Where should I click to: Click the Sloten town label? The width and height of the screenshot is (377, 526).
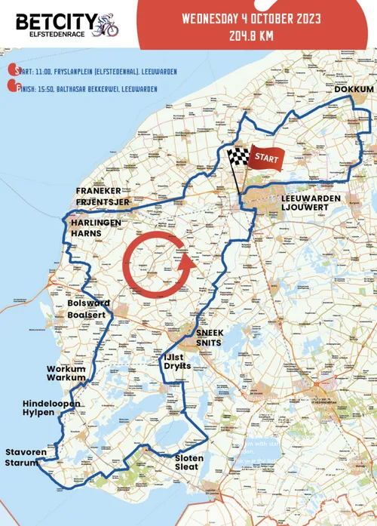click(x=188, y=457)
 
